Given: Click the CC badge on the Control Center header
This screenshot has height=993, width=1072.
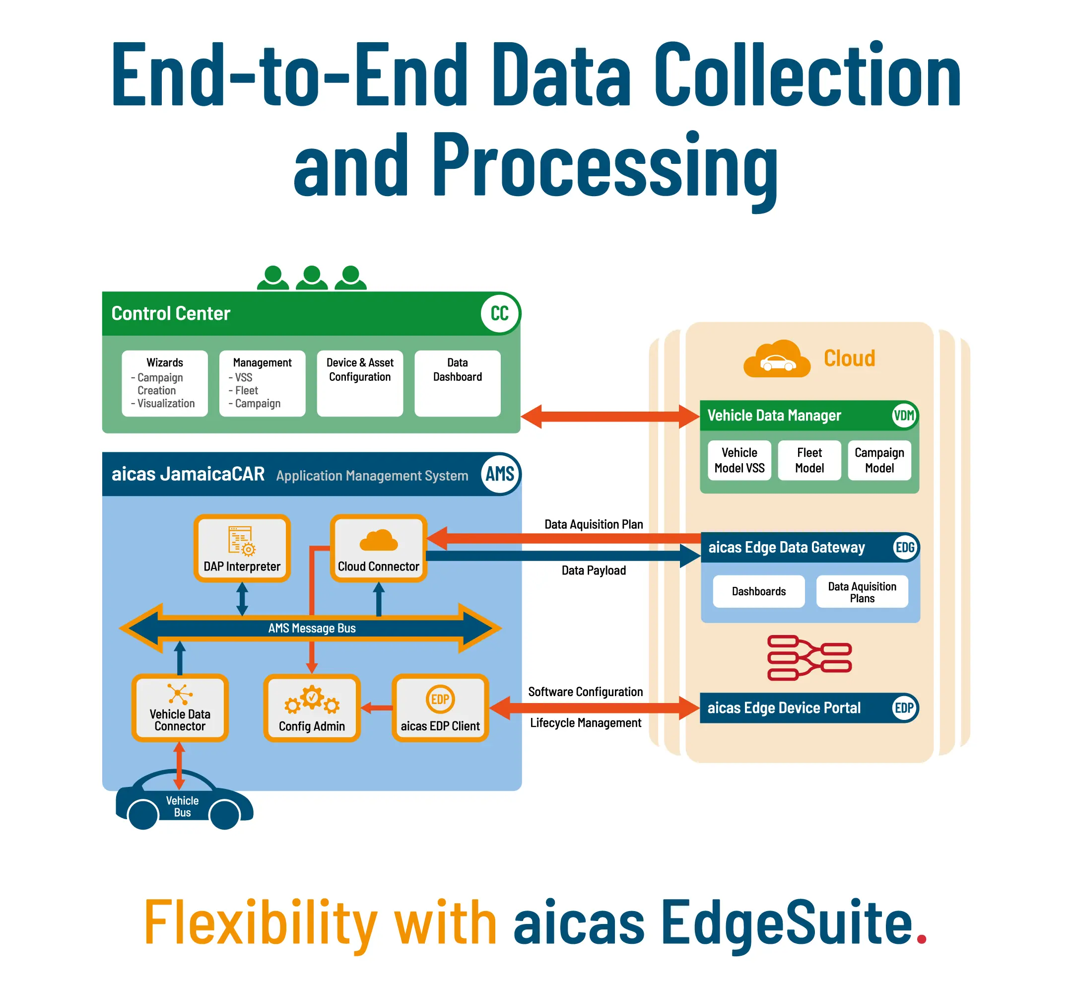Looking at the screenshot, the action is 499,313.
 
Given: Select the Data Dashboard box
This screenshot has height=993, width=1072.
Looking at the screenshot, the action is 458,383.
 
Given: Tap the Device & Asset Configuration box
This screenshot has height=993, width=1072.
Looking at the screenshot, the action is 360,383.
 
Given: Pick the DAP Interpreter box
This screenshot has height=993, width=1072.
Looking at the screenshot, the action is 242,548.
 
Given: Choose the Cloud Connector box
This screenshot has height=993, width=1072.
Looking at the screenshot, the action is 379,548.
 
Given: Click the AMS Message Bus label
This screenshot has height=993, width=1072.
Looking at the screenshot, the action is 312,628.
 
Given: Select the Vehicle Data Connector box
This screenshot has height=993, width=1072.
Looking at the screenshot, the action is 180,708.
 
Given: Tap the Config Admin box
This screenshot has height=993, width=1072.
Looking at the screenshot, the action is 312,708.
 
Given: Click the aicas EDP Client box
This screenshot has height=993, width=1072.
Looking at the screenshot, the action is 440,708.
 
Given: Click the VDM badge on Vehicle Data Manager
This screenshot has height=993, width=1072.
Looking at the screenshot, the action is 904,416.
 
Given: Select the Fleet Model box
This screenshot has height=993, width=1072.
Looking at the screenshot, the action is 809,460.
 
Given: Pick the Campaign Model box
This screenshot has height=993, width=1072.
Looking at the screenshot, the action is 879,460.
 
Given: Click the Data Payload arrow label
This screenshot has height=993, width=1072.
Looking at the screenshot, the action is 594,570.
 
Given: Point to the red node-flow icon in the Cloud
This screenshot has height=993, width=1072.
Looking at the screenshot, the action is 809,658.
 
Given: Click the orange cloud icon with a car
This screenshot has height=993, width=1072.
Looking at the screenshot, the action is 777,358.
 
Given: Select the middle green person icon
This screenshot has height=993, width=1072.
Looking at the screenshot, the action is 312,277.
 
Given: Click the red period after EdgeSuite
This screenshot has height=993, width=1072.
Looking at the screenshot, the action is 922,938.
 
